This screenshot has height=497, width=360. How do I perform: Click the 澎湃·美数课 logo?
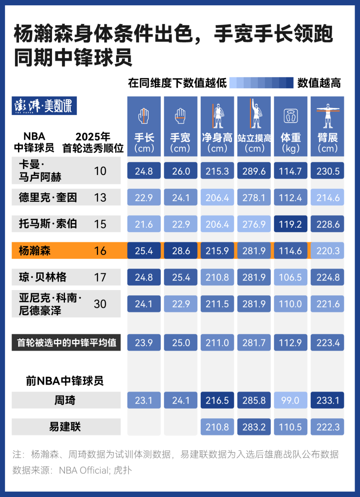[44, 105]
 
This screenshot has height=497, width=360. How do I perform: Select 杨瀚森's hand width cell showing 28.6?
[181, 251]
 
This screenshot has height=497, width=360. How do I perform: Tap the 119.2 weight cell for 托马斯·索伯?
[290, 224]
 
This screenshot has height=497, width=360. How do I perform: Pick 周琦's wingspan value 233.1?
[327, 400]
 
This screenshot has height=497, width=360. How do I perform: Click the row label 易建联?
[65, 427]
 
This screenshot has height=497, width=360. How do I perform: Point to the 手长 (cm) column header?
[144, 142]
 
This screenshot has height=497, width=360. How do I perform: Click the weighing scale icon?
[290, 116]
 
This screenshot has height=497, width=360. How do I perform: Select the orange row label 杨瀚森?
[35, 251]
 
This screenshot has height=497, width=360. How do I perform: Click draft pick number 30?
[100, 304]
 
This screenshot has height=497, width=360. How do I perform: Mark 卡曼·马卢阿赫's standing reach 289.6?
[254, 171]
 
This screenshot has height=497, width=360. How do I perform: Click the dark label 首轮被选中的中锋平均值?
[66, 342]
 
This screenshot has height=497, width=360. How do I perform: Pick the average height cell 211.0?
[217, 342]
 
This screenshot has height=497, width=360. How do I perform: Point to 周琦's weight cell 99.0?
[290, 400]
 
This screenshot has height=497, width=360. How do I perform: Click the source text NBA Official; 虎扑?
[95, 470]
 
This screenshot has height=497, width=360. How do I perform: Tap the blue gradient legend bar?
[261, 83]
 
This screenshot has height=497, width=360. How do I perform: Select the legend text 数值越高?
[319, 83]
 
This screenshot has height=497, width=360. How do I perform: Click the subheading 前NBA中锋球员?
[65, 381]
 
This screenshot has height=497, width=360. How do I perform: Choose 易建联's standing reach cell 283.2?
[254, 427]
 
